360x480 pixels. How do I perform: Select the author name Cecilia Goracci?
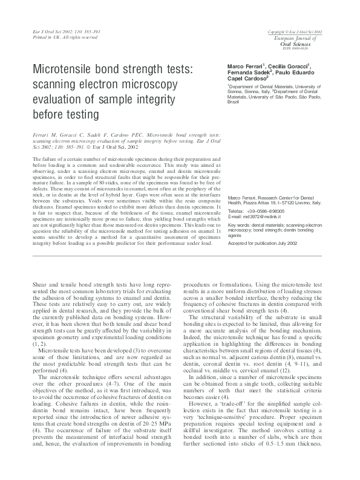pos(295,65)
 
